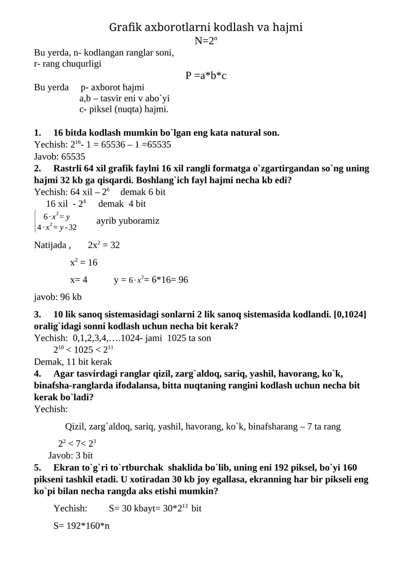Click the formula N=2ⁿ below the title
pyautogui.click(x=206, y=41)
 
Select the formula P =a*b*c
pyautogui.click(x=206, y=76)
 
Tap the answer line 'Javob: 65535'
pyautogui.click(x=60, y=157)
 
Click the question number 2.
pyautogui.click(x=37, y=168)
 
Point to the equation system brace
pyautogui.click(x=35, y=221)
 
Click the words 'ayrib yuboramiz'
pyautogui.click(x=128, y=221)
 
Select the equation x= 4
pyautogui.click(x=79, y=280)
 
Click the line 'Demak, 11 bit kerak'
pyautogui.click(x=73, y=362)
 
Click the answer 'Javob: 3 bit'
pyautogui.click(x=71, y=456)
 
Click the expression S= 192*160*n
pyautogui.click(x=81, y=526)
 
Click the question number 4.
pyautogui.click(x=37, y=374)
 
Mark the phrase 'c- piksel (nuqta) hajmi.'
pyautogui.click(x=124, y=109)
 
